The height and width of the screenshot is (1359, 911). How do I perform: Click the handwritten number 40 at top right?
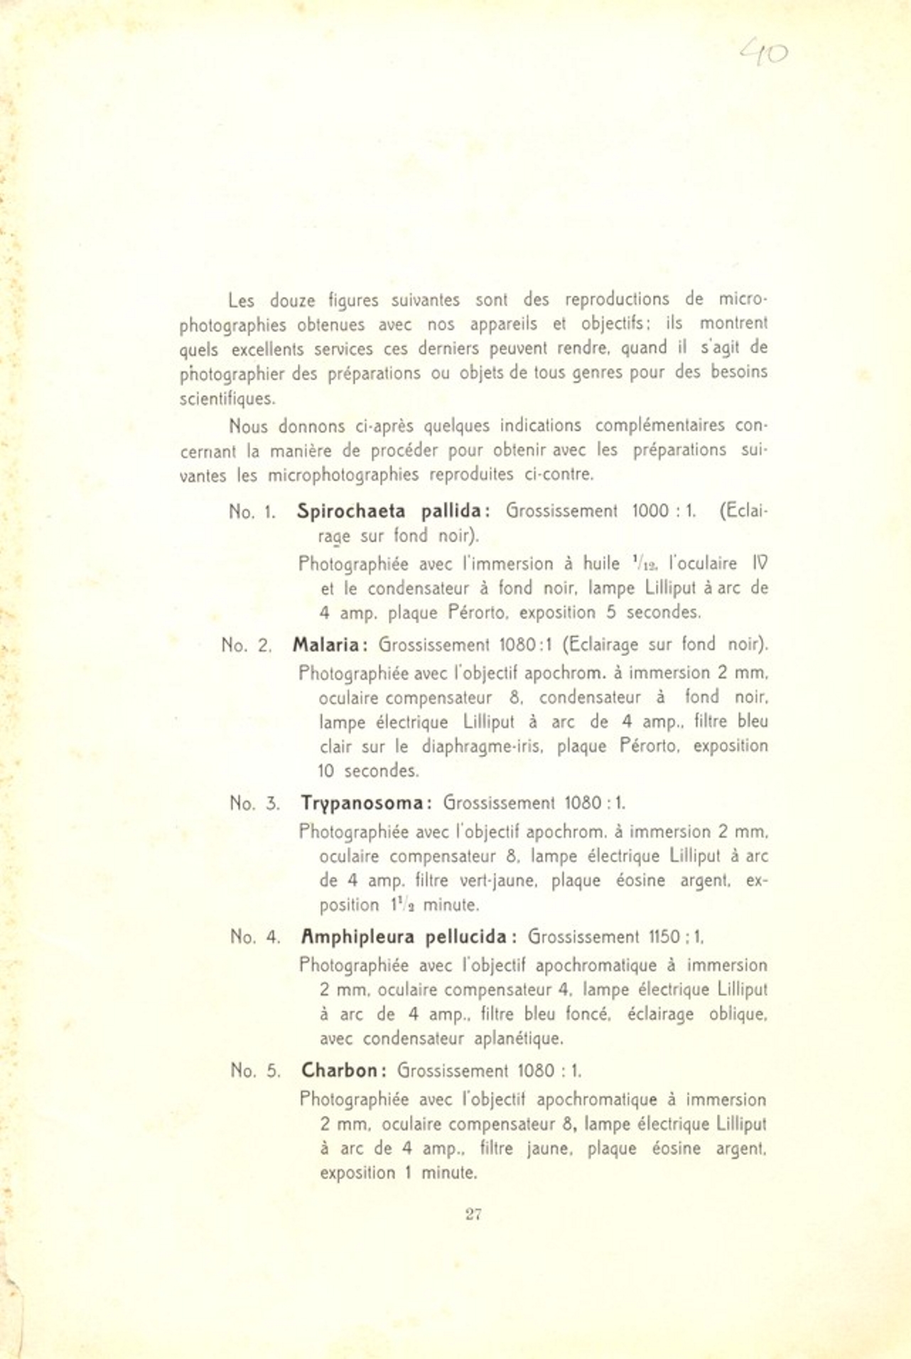[x=764, y=53]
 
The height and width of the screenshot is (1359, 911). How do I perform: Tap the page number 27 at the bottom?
[x=474, y=1213]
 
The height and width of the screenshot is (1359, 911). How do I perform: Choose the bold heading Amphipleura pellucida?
[x=408, y=937]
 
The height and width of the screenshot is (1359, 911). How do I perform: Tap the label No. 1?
[x=252, y=512]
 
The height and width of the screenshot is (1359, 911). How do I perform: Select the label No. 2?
[x=246, y=645]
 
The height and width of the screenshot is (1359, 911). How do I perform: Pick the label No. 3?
[x=254, y=804]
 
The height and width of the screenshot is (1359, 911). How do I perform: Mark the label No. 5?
[x=255, y=1071]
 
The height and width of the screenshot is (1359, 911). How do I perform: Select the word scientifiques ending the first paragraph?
[x=227, y=399]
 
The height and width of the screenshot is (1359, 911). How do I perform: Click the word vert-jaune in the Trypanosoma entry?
[x=492, y=881]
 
